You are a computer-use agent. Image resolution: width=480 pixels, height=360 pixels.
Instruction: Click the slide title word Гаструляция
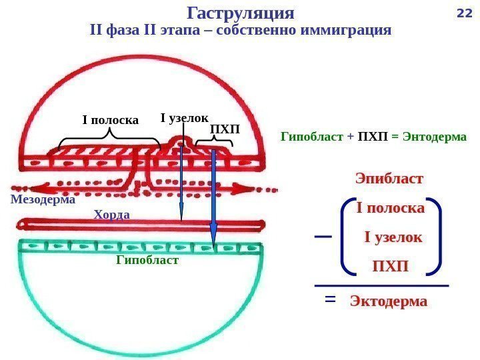tap(241, 13)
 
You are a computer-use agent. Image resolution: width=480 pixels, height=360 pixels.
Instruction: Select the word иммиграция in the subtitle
tap(345, 31)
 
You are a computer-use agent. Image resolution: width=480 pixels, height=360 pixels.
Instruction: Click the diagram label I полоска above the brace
tap(110, 121)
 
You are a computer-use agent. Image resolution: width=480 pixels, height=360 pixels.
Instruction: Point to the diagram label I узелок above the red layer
tap(185, 118)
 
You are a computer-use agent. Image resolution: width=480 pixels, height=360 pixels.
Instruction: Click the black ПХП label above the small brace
tap(224, 127)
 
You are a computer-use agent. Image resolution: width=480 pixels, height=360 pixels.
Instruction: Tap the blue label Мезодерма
tap(43, 199)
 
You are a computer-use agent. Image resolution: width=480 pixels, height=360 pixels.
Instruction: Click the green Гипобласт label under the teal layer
tap(147, 260)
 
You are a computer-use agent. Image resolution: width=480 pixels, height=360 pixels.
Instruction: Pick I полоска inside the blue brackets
tap(391, 208)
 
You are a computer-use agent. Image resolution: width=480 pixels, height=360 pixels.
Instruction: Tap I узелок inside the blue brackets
tap(393, 237)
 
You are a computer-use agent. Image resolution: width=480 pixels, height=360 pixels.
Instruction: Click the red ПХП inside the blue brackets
tap(390, 267)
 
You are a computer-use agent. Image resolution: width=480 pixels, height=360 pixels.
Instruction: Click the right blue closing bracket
tap(436, 236)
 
